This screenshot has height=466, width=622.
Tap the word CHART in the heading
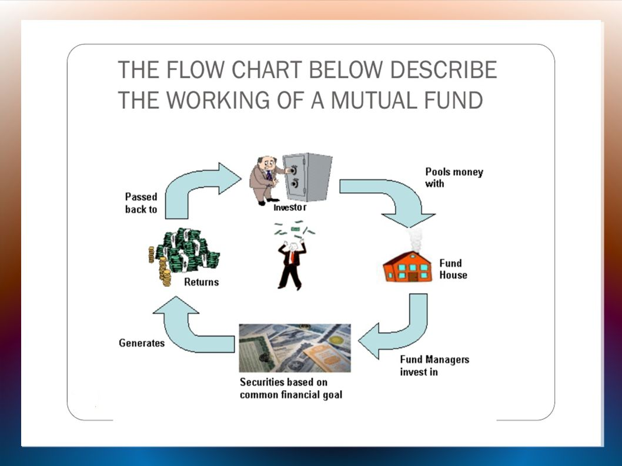pos(269,70)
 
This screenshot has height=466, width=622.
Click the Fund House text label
pos(453,269)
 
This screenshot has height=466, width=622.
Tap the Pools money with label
pos(454,177)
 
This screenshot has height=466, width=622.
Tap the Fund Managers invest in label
pos(434,366)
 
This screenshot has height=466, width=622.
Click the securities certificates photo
pos(295,348)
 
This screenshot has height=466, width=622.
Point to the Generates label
pos(142,343)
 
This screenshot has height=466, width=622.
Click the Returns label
pos(201,282)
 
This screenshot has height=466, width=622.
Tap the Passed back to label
pos(141,203)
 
